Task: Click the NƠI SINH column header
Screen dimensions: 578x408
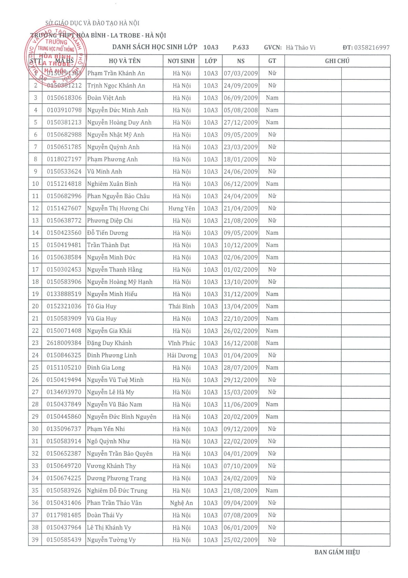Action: click(x=181, y=61)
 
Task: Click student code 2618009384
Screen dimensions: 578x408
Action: click(x=64, y=343)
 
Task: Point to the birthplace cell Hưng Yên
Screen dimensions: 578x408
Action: click(x=181, y=208)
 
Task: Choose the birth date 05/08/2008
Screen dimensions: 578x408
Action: click(x=241, y=110)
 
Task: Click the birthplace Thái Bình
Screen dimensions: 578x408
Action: click(x=181, y=306)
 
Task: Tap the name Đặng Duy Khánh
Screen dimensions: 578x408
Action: click(x=109, y=343)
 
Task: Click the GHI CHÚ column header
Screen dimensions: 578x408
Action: click(x=337, y=61)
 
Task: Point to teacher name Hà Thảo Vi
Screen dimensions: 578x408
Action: click(x=300, y=48)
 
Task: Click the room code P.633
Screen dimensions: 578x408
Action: click(x=241, y=47)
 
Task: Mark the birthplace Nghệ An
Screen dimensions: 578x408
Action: click(x=181, y=503)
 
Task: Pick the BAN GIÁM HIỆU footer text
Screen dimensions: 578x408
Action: click(x=337, y=552)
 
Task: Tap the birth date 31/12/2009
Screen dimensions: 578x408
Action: click(x=241, y=294)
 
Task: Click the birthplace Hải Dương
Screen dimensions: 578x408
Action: click(x=181, y=355)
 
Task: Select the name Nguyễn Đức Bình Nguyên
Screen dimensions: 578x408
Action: click(x=122, y=417)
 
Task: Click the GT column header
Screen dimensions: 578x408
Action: click(x=272, y=61)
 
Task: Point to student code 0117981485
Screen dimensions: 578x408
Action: click(x=64, y=515)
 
